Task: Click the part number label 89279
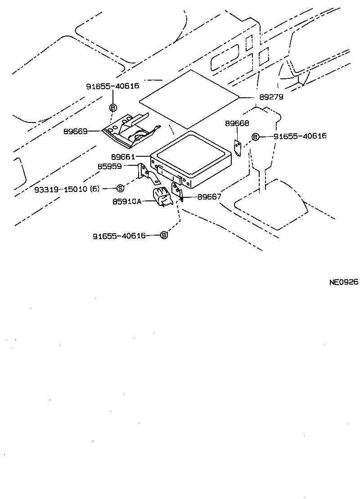coord(271,97)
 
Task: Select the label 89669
coord(75,132)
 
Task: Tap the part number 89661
coord(123,157)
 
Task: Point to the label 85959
coord(110,166)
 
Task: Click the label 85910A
coord(127,201)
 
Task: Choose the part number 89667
coord(209,196)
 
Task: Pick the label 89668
coord(237,123)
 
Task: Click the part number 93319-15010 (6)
coord(67,189)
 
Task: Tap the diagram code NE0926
coord(343,282)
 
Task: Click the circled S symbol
coord(120,188)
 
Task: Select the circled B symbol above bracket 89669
coord(113,108)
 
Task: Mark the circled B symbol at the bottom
coord(164,235)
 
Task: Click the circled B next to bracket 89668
coord(255,136)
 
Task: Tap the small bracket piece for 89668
coord(238,148)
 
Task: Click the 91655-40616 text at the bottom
coord(119,236)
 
